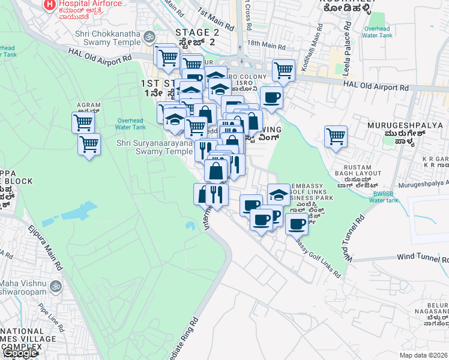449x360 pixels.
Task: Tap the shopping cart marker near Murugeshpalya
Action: click(336, 136)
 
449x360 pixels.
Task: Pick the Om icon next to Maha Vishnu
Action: click(56, 286)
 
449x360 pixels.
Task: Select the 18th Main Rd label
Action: click(266, 45)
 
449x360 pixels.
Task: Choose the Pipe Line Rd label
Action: click(51, 319)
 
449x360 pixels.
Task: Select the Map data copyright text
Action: click(424, 355)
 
